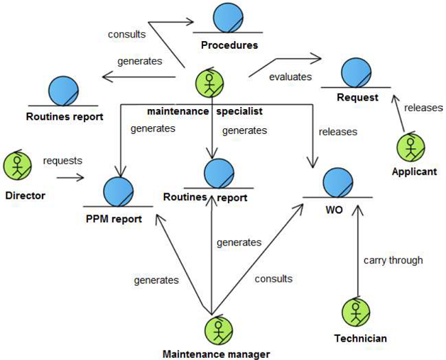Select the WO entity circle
coord(339,182)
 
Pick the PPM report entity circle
coord(118,191)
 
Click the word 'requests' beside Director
coord(62,161)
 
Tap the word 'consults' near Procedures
coord(126,34)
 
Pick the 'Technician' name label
coord(360,338)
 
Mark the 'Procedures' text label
coord(229,45)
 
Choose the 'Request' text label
coord(357,97)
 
